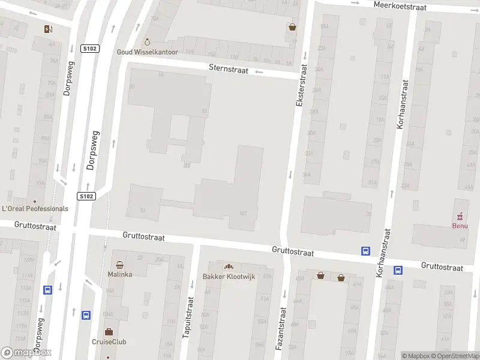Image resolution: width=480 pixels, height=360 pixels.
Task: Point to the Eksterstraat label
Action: click(x=301, y=87)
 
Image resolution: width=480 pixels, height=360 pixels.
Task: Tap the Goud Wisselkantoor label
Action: click(x=147, y=52)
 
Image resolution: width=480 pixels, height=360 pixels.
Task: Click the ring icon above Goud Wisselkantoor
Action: click(x=147, y=43)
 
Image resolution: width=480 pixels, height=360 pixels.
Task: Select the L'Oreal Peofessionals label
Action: click(x=35, y=209)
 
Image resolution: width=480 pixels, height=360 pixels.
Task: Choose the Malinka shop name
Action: click(x=120, y=274)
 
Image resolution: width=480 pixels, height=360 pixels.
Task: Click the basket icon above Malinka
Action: click(x=120, y=265)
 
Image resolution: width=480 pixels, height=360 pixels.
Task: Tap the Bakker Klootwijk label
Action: click(x=229, y=276)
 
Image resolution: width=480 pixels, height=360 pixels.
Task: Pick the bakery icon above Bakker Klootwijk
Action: click(x=228, y=266)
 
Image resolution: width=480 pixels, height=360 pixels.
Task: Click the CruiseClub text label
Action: click(x=109, y=342)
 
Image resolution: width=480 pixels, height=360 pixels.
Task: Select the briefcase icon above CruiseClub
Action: click(x=109, y=332)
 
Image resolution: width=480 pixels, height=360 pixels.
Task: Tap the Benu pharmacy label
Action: click(x=460, y=226)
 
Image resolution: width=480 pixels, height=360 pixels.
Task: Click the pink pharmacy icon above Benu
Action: click(x=460, y=216)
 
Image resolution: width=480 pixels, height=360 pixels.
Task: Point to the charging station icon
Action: click(x=48, y=29)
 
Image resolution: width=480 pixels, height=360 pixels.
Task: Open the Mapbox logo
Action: click(x=26, y=353)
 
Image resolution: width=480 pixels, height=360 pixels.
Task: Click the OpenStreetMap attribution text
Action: click(x=455, y=356)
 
